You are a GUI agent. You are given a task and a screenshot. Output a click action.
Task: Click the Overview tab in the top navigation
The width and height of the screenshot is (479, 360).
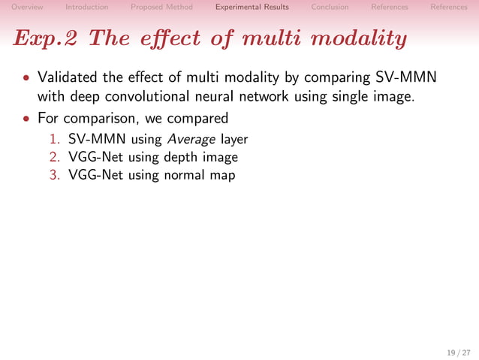27,7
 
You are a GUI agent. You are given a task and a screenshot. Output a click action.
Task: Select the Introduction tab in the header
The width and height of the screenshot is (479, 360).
86,7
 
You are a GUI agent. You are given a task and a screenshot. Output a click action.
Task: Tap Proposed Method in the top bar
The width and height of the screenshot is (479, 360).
161,7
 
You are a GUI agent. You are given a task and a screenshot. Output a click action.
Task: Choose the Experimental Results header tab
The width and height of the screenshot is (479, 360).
252,7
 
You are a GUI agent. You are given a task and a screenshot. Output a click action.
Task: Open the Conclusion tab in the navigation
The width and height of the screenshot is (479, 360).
330,7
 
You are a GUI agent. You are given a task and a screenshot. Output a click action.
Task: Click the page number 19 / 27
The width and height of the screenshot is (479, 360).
456,352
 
